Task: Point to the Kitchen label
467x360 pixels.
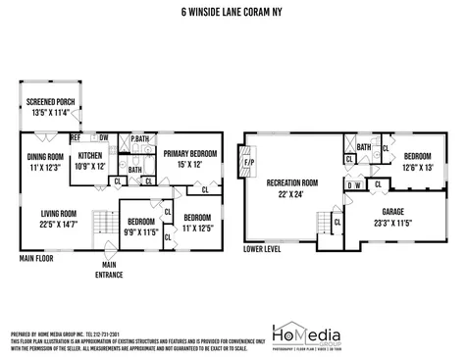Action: click(x=90, y=161)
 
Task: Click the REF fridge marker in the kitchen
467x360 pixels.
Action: click(x=76, y=138)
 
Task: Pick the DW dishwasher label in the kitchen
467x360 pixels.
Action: click(x=103, y=138)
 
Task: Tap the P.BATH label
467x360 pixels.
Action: click(x=138, y=139)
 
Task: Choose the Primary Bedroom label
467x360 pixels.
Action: click(x=187, y=158)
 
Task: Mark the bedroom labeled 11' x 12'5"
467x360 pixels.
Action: click(x=196, y=222)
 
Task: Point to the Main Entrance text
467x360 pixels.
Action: click(x=110, y=271)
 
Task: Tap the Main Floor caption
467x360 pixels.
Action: click(x=37, y=259)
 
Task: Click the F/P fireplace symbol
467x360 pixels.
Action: click(x=248, y=162)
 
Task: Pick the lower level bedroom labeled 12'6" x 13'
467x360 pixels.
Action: click(x=416, y=161)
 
